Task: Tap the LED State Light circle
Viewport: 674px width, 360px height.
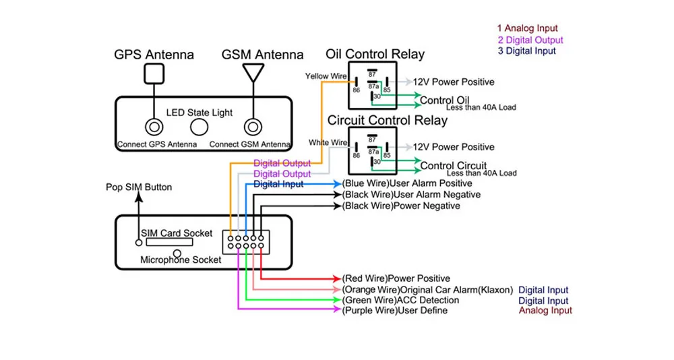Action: pos(199,127)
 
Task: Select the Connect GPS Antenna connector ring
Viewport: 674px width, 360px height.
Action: pos(154,127)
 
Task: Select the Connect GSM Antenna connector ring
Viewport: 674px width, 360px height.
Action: pos(253,127)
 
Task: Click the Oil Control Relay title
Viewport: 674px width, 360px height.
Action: pos(375,54)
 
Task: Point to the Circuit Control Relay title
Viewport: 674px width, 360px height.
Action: pos(388,120)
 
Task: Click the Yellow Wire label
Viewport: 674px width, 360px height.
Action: pos(326,76)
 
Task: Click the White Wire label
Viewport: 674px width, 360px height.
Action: pos(328,142)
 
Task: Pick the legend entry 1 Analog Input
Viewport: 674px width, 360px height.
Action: pos(528,28)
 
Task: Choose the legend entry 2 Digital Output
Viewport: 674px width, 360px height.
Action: pos(530,40)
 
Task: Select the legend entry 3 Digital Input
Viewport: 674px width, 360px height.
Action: pos(526,51)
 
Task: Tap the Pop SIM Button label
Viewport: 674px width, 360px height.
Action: pos(139,187)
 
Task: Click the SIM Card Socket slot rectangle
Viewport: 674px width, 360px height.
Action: pos(169,242)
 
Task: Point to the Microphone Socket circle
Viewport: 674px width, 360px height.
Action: pos(177,253)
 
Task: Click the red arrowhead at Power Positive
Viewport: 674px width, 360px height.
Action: pos(337,278)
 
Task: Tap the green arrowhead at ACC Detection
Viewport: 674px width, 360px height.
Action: pos(337,299)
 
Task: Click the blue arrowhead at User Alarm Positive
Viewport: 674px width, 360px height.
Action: pos(337,184)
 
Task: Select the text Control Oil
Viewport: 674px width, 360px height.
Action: pos(444,100)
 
